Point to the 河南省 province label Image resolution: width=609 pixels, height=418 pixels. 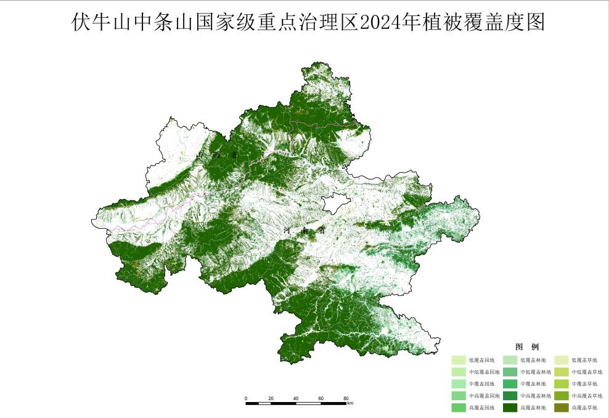point(304,231)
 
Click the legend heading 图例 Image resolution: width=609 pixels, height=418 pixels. point(527,347)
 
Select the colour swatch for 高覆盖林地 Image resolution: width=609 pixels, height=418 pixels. point(510,408)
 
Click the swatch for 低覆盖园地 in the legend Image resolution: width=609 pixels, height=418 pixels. point(458,360)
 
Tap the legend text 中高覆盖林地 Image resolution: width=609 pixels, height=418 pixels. point(536,396)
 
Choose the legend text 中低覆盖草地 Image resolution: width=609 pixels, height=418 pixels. point(587,372)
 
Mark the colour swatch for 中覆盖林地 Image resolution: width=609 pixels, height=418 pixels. point(510,384)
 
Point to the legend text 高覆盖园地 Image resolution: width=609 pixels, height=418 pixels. point(481,408)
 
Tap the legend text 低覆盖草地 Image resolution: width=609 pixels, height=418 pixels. point(584,360)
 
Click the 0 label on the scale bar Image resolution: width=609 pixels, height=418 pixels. point(246,398)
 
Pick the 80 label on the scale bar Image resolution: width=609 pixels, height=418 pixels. point(346,398)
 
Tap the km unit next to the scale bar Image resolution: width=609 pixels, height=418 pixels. point(350,404)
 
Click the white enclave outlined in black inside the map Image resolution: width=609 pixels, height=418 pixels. point(336,203)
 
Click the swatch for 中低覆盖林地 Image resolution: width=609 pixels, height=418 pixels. point(510,372)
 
